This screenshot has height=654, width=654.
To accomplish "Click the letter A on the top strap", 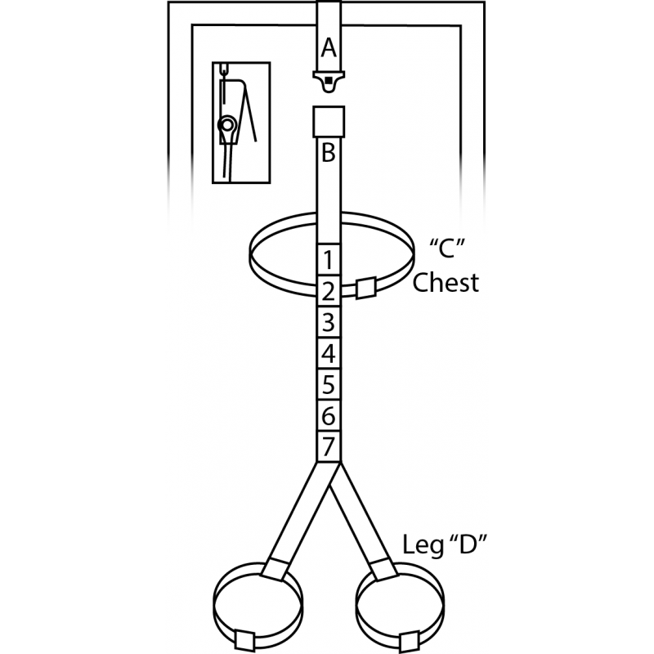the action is (329, 48).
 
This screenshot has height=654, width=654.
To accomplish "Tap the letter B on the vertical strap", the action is (329, 153).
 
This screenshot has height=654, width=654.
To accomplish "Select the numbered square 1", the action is (329, 259).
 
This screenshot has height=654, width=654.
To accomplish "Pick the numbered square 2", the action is (329, 291).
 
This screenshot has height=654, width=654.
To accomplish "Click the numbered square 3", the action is (329, 322).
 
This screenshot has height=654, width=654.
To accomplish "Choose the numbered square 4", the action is (329, 353).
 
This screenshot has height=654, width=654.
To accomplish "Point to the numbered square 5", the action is (329, 384).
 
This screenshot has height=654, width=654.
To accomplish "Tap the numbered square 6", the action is (329, 416).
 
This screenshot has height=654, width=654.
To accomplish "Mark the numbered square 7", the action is (329, 446).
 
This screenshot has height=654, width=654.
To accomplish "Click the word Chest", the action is (446, 282).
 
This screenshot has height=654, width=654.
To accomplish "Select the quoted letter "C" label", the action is (447, 249).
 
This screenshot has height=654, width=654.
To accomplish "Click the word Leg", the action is (423, 545).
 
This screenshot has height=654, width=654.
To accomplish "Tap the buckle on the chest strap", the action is (365, 288).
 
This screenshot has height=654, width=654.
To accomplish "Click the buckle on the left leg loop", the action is (244, 641).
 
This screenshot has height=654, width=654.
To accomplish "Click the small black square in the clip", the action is (329, 80).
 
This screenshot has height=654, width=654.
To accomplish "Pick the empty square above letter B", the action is (329, 122).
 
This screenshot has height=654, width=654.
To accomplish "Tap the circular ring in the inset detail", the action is (227, 125).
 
